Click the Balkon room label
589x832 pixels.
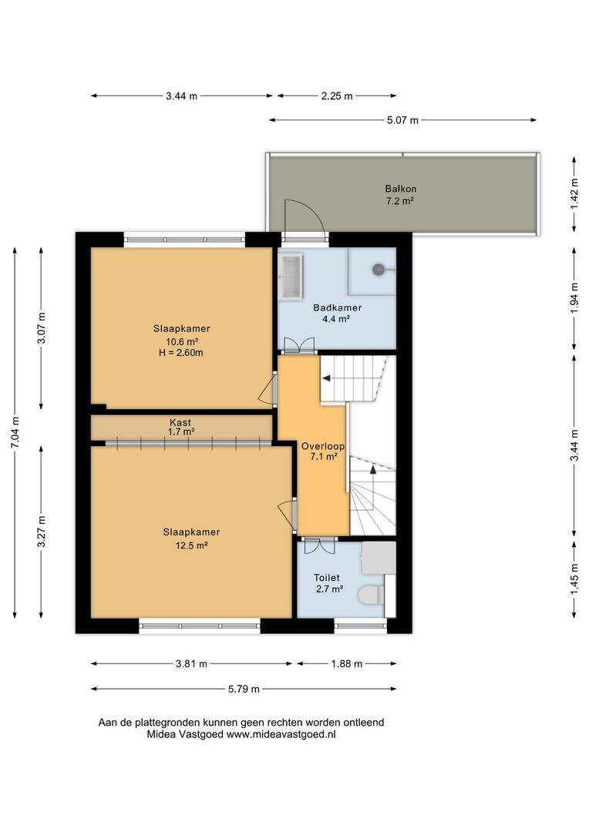(x=400, y=189)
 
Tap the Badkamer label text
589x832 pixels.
(x=337, y=307)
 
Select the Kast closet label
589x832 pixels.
(x=180, y=422)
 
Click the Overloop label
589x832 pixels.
(x=323, y=446)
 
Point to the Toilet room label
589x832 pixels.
(x=327, y=577)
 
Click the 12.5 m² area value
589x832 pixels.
(x=191, y=545)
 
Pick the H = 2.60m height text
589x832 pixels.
(x=180, y=352)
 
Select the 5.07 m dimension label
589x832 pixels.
(x=402, y=120)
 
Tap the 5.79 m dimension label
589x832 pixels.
(x=244, y=689)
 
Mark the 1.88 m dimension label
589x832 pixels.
(x=347, y=664)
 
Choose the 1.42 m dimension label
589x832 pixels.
(x=574, y=193)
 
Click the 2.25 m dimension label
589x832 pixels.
(x=337, y=96)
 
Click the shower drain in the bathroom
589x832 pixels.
(x=379, y=270)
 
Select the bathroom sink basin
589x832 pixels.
(x=291, y=276)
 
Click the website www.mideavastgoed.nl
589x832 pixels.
(x=281, y=735)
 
